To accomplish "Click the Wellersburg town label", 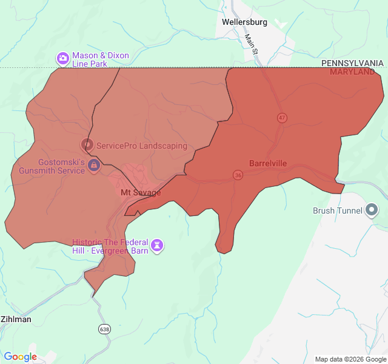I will (244, 22).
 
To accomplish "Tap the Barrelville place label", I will (268, 163).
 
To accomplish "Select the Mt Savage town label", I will (141, 192).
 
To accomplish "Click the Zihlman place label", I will (16, 319).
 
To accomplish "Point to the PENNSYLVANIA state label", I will (352, 63).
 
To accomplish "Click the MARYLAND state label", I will (352, 72).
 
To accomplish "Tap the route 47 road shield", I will (282, 118).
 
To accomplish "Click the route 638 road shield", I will (105, 329).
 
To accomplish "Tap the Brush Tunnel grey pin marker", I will (372, 211).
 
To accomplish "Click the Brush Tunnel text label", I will (337, 211).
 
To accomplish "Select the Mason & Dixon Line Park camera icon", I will (62, 59).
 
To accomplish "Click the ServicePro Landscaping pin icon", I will (87, 145).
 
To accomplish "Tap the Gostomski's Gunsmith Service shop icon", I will (94, 166).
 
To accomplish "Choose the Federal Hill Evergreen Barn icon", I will (158, 245).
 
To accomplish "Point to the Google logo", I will (20, 357).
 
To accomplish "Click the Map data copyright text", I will (350, 359).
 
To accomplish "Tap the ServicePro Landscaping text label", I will (142, 146).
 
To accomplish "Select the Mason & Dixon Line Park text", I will (100, 59).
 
